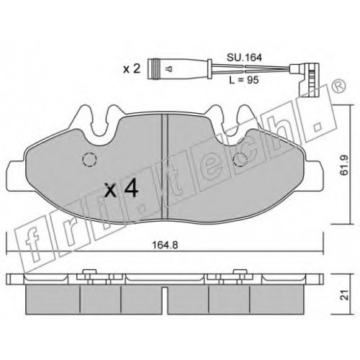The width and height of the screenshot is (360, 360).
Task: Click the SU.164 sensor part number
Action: pos(244,58)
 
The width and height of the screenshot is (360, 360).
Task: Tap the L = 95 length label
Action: pos(244,80)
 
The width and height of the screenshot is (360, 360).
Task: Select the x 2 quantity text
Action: pos(132,69)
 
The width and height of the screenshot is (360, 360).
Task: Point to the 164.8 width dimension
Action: pos(165,245)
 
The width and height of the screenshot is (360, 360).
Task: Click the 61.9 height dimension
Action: pos(344,165)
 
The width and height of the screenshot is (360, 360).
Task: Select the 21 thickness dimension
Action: pos(345,294)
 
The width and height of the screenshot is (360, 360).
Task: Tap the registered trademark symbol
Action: pos(339,86)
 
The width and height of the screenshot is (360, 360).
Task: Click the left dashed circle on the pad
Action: pos(89,159)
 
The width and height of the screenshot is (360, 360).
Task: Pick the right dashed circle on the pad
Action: pos(240,159)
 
